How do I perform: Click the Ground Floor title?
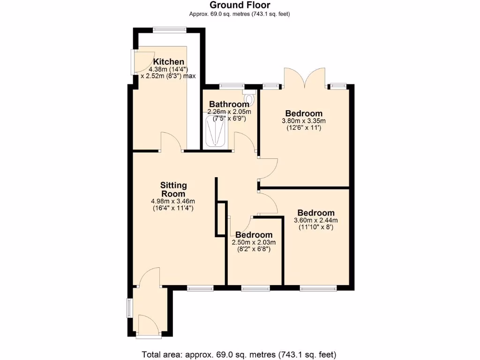(x=240, y=5)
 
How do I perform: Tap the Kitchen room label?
(x=169, y=62)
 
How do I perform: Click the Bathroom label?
(x=229, y=104)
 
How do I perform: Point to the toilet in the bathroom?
(x=249, y=99)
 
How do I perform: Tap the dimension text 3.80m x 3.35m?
(x=303, y=120)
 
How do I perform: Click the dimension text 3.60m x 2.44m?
(x=315, y=220)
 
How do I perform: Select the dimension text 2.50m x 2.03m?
(x=254, y=242)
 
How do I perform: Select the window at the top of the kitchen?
(x=169, y=30)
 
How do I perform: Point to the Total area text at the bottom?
(x=240, y=354)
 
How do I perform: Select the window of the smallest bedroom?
(x=255, y=288)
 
